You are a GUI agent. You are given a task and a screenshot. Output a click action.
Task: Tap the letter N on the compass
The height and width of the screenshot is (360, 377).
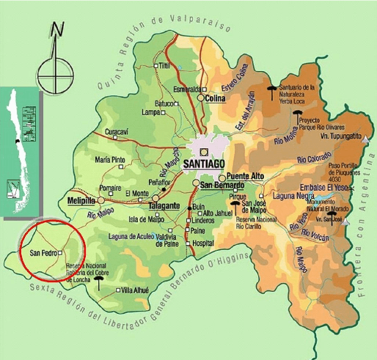click(58, 30)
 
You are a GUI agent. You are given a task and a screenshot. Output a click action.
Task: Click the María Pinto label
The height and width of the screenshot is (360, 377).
click(110, 160)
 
